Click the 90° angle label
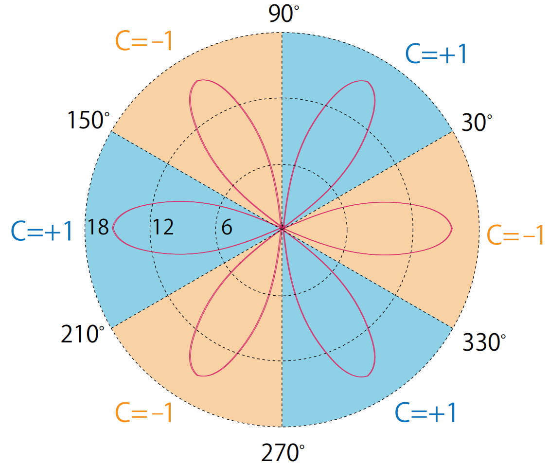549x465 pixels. coord(284,14)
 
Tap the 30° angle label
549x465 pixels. coord(477,122)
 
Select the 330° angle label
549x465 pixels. coord(484,342)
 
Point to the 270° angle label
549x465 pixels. coord(283,452)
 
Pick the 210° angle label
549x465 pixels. coord(83,334)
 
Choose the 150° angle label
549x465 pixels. coord(88,120)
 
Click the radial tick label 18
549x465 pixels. coord(98,227)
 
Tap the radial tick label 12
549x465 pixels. coord(163,227)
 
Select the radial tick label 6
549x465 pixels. coord(227,227)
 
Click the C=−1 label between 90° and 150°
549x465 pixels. coord(144,41)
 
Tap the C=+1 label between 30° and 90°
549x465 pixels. coord(436,54)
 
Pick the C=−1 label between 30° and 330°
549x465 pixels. coord(515,234)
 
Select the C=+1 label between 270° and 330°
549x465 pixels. coord(426,412)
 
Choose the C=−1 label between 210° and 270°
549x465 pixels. coord(144,412)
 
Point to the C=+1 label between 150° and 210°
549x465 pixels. coord(42,231)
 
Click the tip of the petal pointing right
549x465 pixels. coord(452,228)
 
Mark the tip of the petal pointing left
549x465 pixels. coord(112,228)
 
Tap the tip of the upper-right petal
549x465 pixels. coord(368,81)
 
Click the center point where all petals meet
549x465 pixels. coord(282,228)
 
